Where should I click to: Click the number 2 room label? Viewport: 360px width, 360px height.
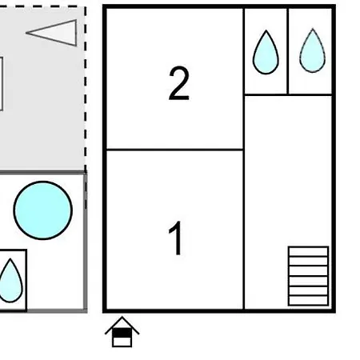[179, 83]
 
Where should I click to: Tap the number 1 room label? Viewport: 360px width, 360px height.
[176, 238]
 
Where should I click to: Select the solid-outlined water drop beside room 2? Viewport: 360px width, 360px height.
[266, 52]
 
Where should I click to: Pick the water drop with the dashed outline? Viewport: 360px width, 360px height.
[313, 50]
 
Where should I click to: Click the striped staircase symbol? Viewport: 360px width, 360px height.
[308, 276]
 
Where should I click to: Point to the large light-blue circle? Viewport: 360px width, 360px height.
[43, 210]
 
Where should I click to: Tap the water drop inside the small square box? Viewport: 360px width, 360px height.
[10, 281]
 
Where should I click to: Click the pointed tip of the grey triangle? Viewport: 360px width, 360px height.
[26, 33]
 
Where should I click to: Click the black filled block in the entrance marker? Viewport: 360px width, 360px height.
[122, 333]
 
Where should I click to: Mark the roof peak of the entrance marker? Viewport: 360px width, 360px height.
[122, 317]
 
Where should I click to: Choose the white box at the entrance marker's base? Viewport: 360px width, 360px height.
[122, 342]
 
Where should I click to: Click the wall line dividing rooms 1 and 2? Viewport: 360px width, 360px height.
[175, 150]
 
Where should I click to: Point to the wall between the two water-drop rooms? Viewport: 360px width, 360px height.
[288, 51]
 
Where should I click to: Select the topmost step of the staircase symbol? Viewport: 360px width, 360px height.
[308, 251]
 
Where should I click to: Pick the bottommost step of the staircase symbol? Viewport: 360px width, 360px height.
[308, 301]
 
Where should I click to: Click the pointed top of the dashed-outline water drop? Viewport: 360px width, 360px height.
[313, 28]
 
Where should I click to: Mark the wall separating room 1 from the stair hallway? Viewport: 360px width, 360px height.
[244, 230]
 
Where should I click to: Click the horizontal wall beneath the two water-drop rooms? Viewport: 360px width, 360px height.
[288, 94]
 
